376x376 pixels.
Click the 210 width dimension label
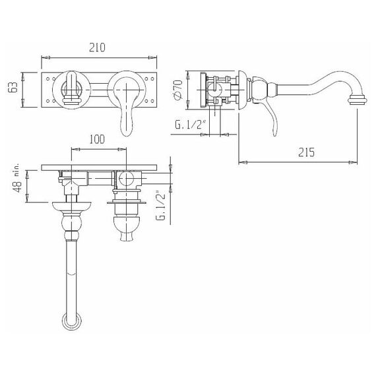click(x=97, y=47)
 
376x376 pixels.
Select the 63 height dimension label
click(x=13, y=87)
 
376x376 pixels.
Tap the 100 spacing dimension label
click(x=97, y=139)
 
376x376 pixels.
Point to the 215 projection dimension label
click(x=306, y=152)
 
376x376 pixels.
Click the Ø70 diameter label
click(x=179, y=90)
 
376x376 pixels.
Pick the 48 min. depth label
click(x=18, y=179)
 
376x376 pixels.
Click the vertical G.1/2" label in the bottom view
click(x=161, y=206)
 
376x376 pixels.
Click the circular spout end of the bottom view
click(x=71, y=321)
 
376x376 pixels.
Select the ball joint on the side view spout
click(x=259, y=90)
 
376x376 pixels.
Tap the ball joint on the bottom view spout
click(x=71, y=223)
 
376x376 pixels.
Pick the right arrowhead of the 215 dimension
click(x=353, y=162)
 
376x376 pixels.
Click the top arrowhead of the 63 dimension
click(x=23, y=77)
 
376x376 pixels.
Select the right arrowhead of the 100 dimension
click(x=122, y=149)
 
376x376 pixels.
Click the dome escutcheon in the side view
click(x=243, y=90)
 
